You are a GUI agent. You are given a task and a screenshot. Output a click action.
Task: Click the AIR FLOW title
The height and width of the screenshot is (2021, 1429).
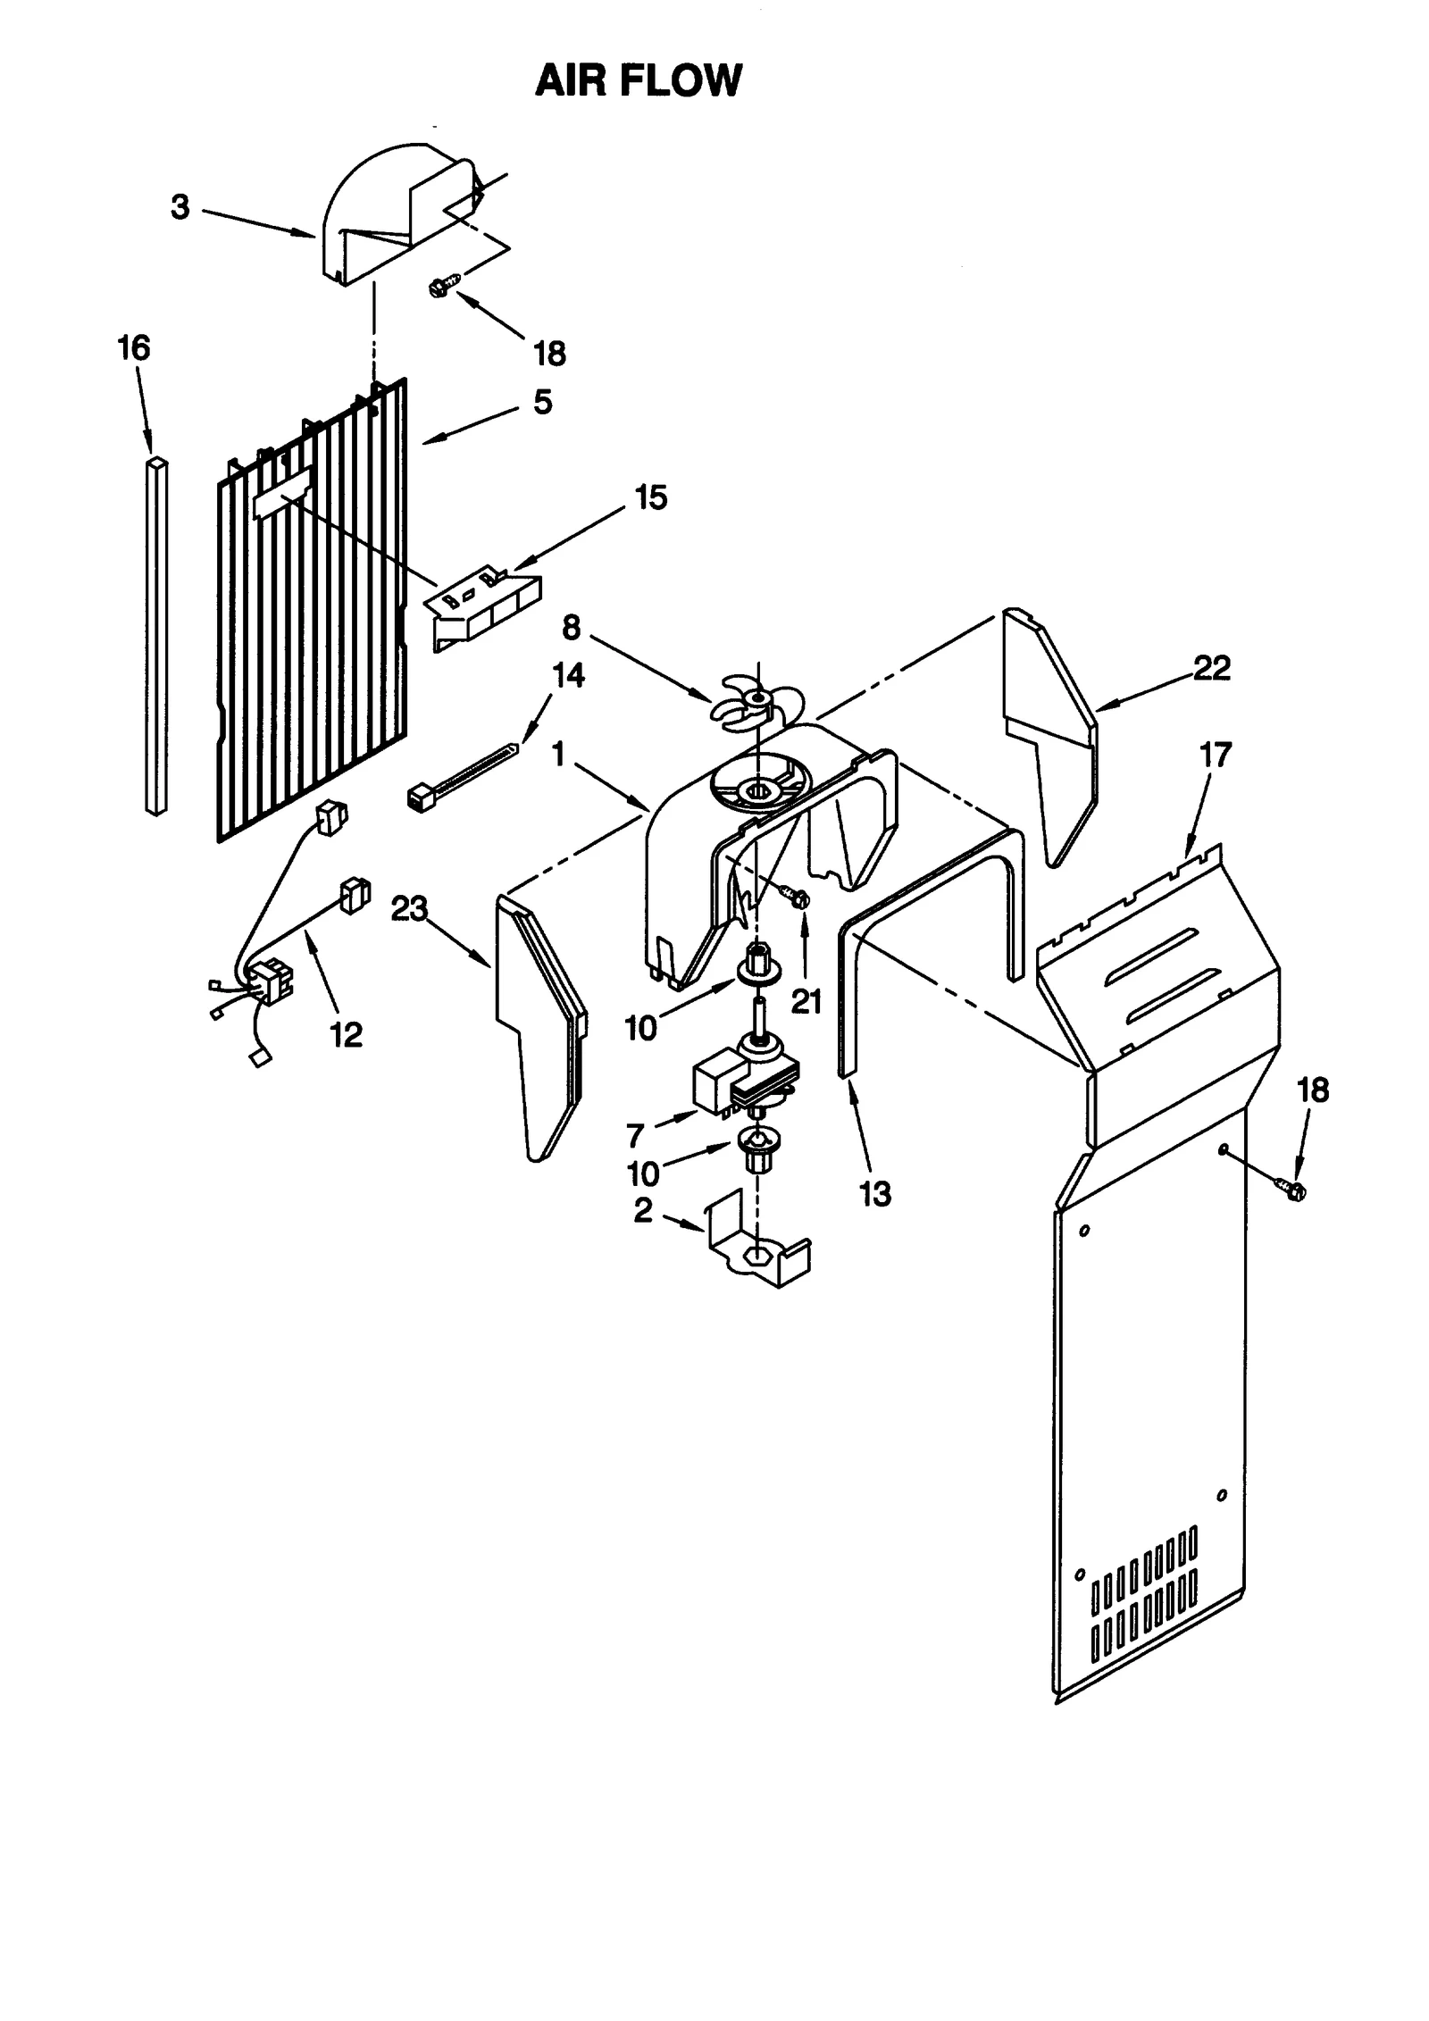click(638, 80)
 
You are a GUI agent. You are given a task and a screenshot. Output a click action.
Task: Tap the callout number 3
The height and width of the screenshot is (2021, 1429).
click(180, 208)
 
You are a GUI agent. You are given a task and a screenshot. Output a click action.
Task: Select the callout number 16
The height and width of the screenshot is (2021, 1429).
click(134, 347)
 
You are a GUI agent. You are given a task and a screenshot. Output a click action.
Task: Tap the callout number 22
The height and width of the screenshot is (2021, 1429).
click(1212, 667)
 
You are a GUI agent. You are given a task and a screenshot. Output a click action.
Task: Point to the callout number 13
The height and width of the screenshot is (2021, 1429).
click(875, 1193)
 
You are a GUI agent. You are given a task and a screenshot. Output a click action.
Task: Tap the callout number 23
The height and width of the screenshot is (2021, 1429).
click(410, 909)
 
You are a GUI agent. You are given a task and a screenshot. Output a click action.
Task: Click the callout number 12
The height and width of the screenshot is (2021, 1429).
click(347, 1034)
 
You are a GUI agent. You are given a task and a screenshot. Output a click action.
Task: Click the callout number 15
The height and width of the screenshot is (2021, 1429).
click(651, 497)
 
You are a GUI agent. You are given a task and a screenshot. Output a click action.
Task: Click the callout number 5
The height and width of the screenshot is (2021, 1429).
click(542, 402)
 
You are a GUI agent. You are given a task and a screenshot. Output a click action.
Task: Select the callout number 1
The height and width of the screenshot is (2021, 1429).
click(558, 755)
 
